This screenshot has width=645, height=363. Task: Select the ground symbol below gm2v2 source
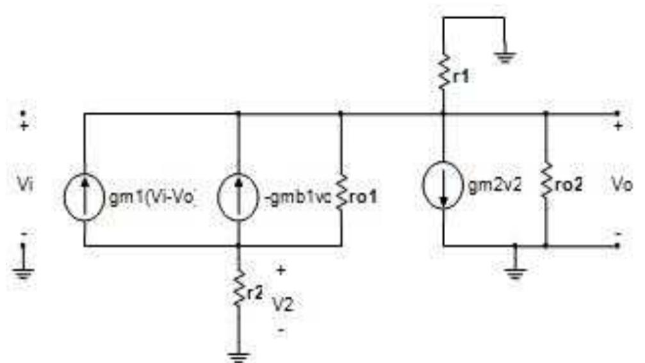tap(515, 273)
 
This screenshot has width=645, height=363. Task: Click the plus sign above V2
tap(281, 270)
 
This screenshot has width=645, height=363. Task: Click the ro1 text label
tap(363, 198)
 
